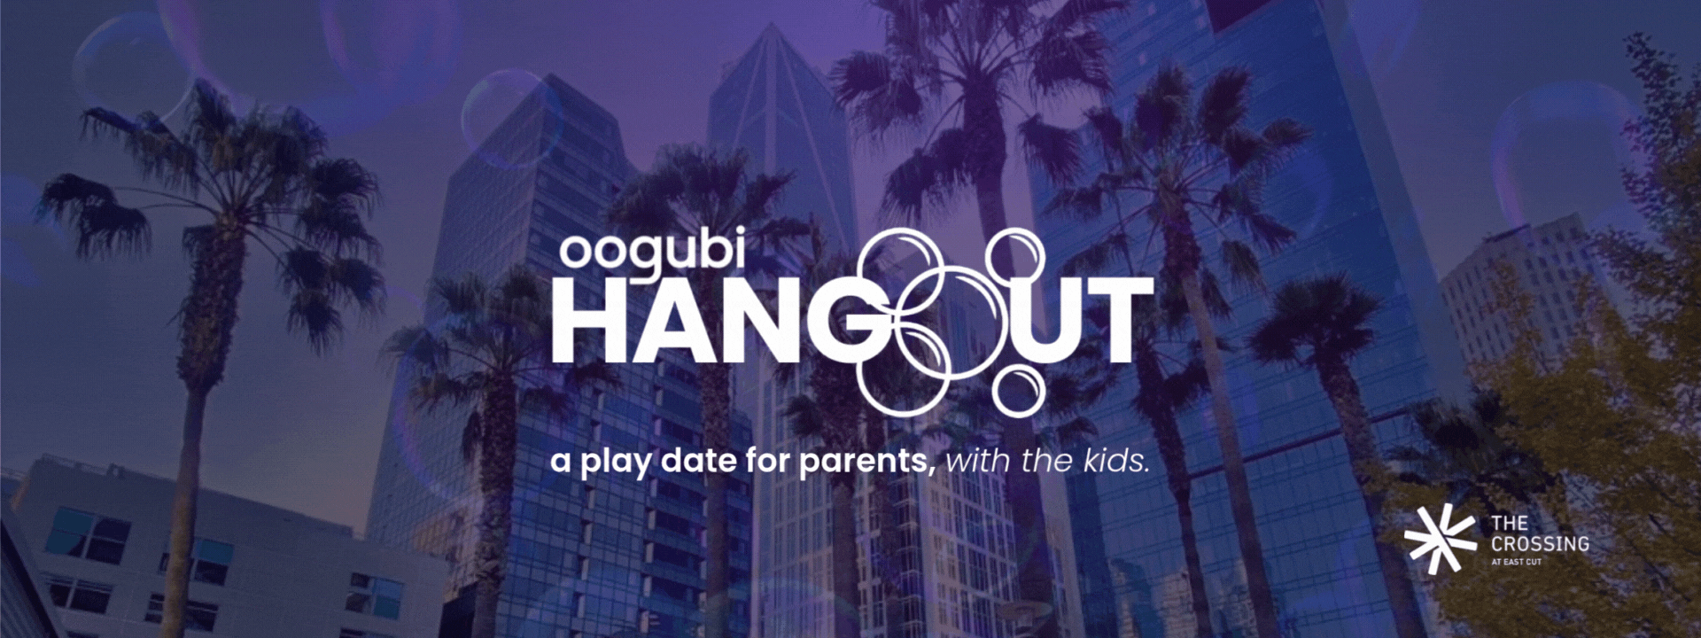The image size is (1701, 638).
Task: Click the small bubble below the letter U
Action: [x=1018, y=390]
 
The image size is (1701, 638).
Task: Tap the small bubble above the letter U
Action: [x=1016, y=255]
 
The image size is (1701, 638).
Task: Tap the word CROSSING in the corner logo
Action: [x=1540, y=543]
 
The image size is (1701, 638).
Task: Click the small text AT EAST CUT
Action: [x=1516, y=563]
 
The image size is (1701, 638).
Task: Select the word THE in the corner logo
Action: [x=1510, y=524]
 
